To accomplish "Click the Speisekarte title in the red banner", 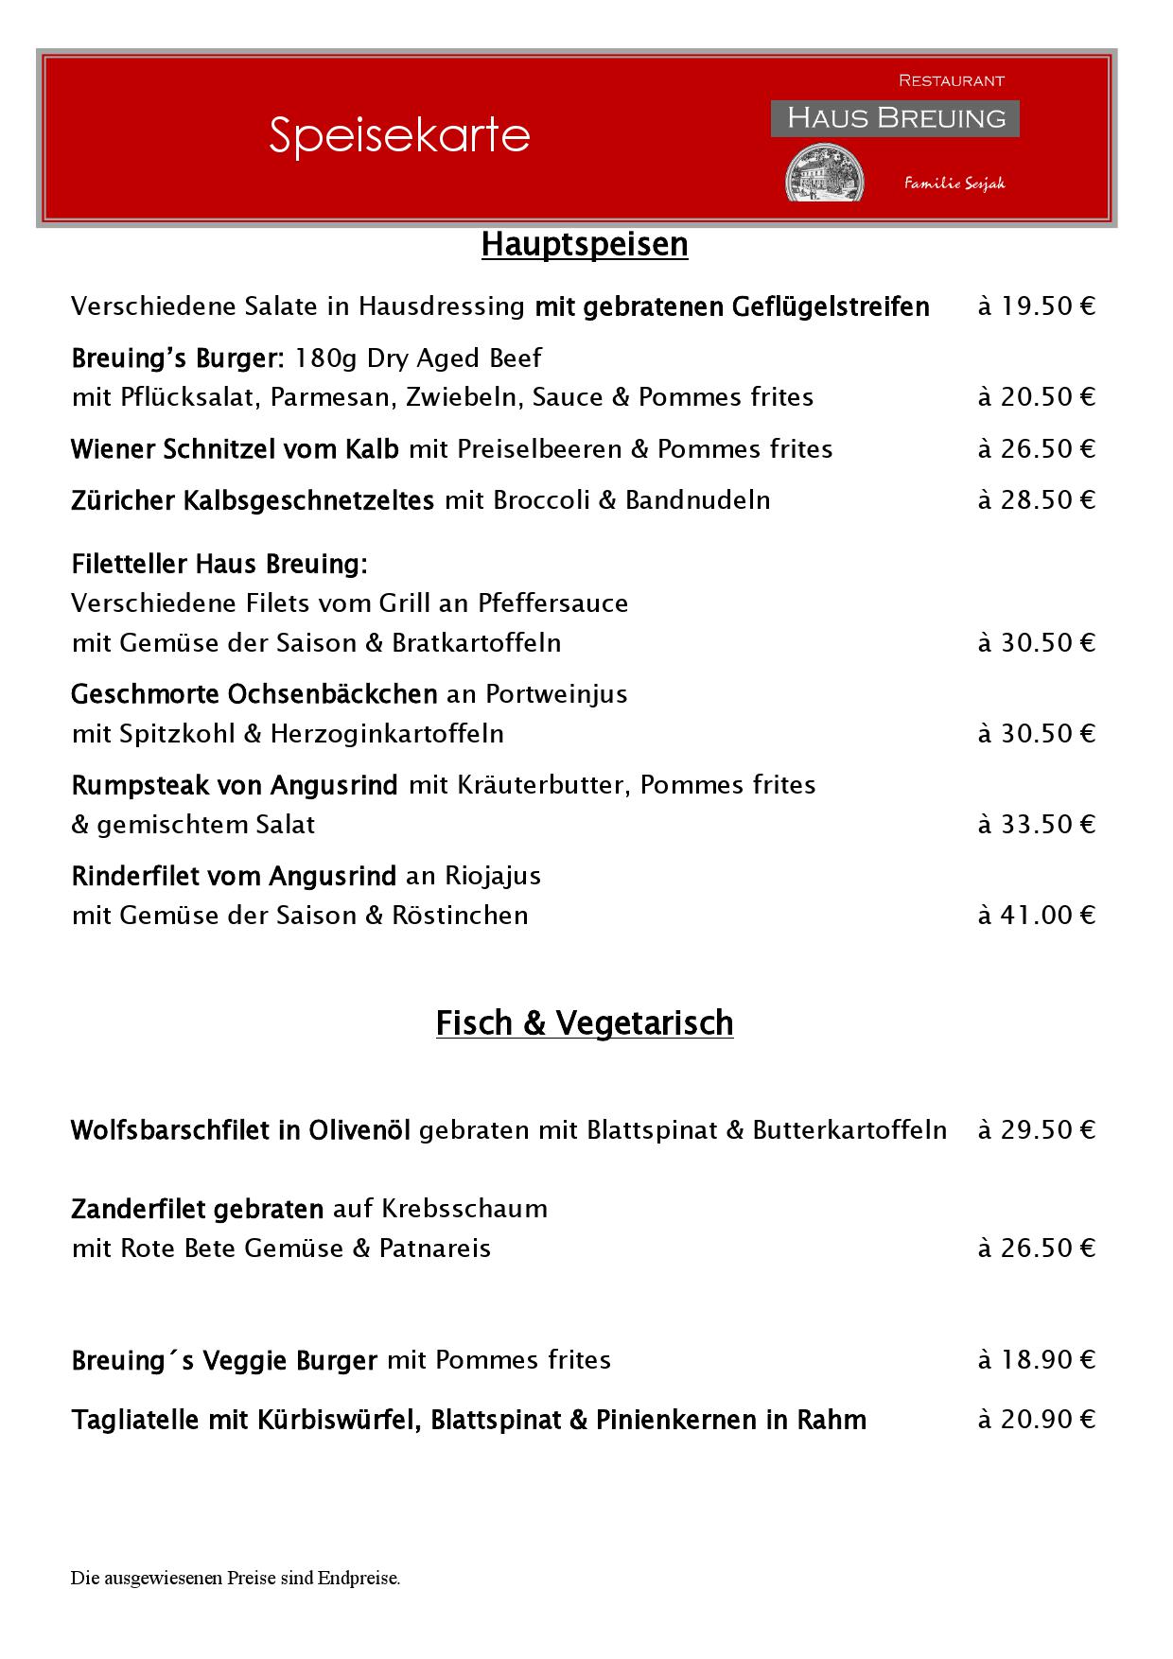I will (399, 135).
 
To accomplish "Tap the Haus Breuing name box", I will (895, 118).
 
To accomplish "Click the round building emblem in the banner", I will (824, 173).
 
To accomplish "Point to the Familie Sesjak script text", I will (954, 183).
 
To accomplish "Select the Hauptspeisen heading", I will (585, 244).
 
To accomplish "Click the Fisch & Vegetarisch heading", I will (585, 1022).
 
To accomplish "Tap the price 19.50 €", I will (1037, 306).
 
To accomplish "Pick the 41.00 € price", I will (1037, 916).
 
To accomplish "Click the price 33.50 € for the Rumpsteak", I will (1037, 825).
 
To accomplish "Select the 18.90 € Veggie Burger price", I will (1037, 1360).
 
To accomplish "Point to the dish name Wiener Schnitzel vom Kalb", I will (235, 448).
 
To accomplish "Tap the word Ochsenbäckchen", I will (333, 694).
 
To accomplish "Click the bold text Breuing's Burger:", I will (178, 358).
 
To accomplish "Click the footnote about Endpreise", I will (236, 1578).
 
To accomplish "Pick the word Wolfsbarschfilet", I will (170, 1130).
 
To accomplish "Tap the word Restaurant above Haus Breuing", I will (951, 81).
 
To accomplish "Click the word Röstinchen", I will (461, 916).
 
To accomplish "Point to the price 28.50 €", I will (1037, 500).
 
